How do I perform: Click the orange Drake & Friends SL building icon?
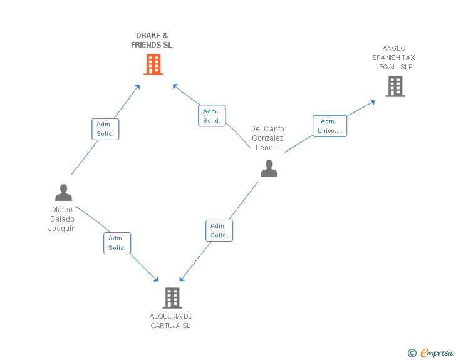[153, 64]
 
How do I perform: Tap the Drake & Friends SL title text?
[152, 40]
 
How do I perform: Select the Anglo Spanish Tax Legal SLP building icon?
[395, 86]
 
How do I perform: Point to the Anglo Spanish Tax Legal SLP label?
[394, 58]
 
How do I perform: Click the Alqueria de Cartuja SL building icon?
[172, 297]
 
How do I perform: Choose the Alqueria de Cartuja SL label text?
[170, 321]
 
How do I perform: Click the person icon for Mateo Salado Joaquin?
[63, 192]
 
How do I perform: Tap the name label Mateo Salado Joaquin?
[62, 219]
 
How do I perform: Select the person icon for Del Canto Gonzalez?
[269, 168]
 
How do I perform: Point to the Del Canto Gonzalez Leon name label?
[267, 138]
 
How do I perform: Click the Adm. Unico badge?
[329, 126]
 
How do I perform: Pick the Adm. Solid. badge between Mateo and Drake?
[105, 129]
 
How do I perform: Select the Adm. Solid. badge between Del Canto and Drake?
[212, 116]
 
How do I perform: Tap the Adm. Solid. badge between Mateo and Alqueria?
[117, 243]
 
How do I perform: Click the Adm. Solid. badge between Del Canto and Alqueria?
[219, 230]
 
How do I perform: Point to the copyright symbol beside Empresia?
[412, 353]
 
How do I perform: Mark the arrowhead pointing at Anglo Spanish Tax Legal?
[373, 101]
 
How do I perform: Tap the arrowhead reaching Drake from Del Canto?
[175, 86]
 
